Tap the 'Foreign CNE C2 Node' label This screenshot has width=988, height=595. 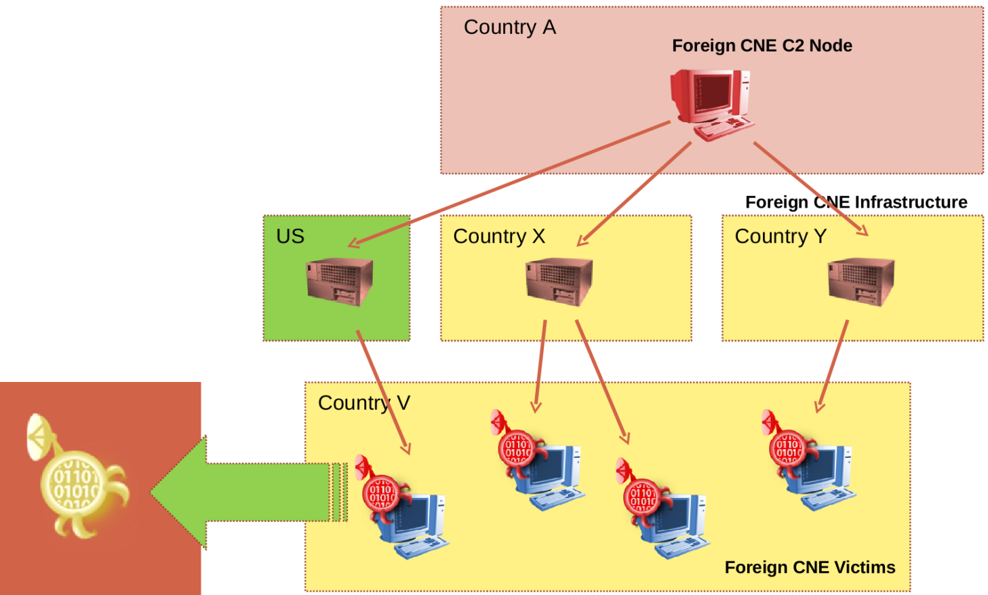(762, 45)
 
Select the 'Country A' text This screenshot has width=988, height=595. (509, 27)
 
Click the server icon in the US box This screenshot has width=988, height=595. (339, 281)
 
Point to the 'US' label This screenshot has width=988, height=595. (290, 236)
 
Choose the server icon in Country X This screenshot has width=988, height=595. (559, 281)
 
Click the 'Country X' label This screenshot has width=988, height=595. (498, 236)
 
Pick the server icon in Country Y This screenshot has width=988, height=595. (861, 281)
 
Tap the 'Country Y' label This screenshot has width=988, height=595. (780, 236)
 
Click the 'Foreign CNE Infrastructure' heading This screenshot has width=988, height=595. (856, 202)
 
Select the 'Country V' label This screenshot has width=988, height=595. (363, 403)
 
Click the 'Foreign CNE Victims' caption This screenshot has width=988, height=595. (810, 567)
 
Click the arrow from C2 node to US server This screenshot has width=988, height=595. (509, 183)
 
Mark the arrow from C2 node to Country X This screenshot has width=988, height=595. (634, 194)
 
